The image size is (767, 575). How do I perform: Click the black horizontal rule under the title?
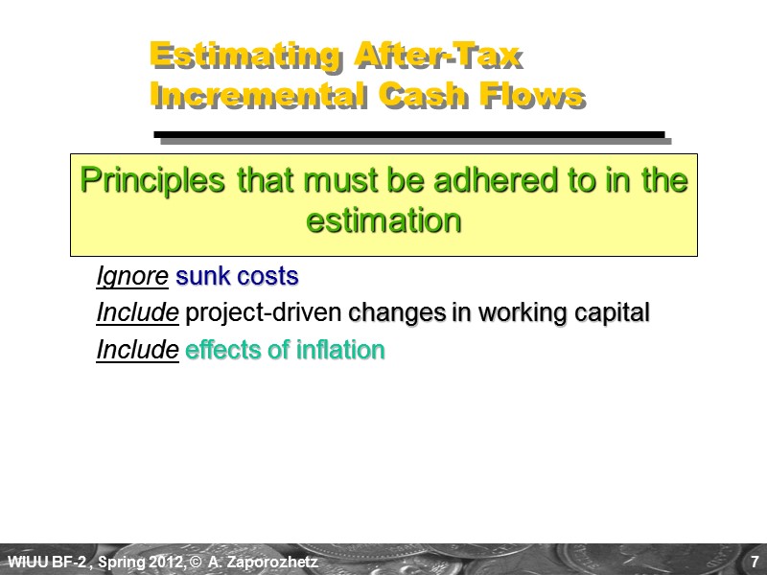(x=409, y=134)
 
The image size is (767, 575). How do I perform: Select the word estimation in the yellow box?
(x=383, y=219)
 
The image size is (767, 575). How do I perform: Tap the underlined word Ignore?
(x=132, y=277)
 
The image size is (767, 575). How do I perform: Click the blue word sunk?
(x=202, y=277)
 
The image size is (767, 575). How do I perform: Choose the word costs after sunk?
(x=267, y=277)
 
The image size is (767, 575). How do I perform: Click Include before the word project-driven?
(x=137, y=313)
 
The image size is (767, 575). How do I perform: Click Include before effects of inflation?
(x=137, y=350)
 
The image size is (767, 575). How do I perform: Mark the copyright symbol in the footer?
(x=195, y=561)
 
